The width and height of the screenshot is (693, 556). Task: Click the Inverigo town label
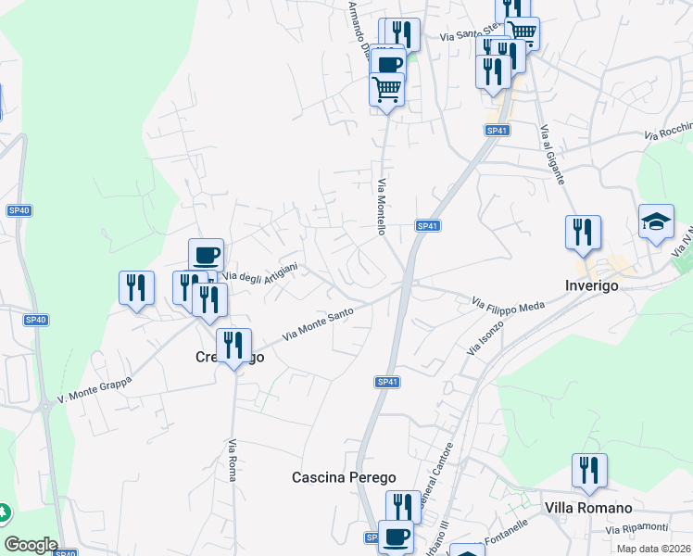(591, 285)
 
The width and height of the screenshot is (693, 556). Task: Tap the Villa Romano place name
(587, 508)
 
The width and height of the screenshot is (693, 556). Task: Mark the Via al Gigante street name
(552, 154)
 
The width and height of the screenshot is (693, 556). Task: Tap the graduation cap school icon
(656, 222)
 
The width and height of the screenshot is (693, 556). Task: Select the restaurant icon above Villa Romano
(589, 471)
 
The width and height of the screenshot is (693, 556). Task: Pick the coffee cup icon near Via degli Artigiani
(206, 256)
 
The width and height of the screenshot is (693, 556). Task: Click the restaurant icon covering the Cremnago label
(233, 347)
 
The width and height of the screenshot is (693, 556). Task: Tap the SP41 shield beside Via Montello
(427, 226)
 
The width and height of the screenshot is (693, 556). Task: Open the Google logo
(30, 545)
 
